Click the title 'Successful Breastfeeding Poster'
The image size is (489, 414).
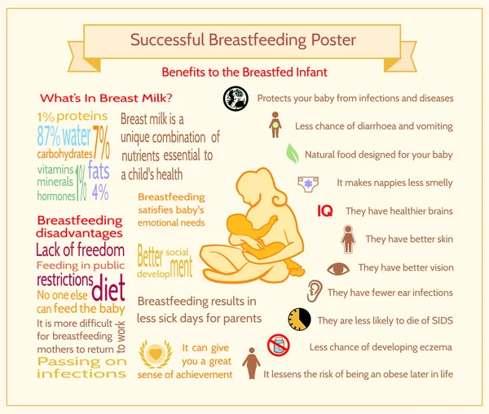click(x=244, y=38)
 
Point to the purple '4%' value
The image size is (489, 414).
click(x=100, y=192)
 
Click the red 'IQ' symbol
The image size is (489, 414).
click(x=325, y=211)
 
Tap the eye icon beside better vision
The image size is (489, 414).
click(x=337, y=268)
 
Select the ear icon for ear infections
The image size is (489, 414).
click(x=314, y=291)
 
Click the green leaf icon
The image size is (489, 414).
click(x=291, y=153)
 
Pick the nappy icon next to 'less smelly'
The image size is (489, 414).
click(x=309, y=183)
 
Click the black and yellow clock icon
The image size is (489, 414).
click(x=299, y=319)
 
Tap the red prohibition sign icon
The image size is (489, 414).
click(x=279, y=345)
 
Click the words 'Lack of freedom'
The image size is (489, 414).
click(x=80, y=250)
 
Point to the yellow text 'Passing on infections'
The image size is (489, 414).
click(x=81, y=368)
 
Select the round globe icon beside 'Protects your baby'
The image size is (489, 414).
click(x=236, y=98)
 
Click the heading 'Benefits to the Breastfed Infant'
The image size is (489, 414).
click(x=244, y=72)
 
